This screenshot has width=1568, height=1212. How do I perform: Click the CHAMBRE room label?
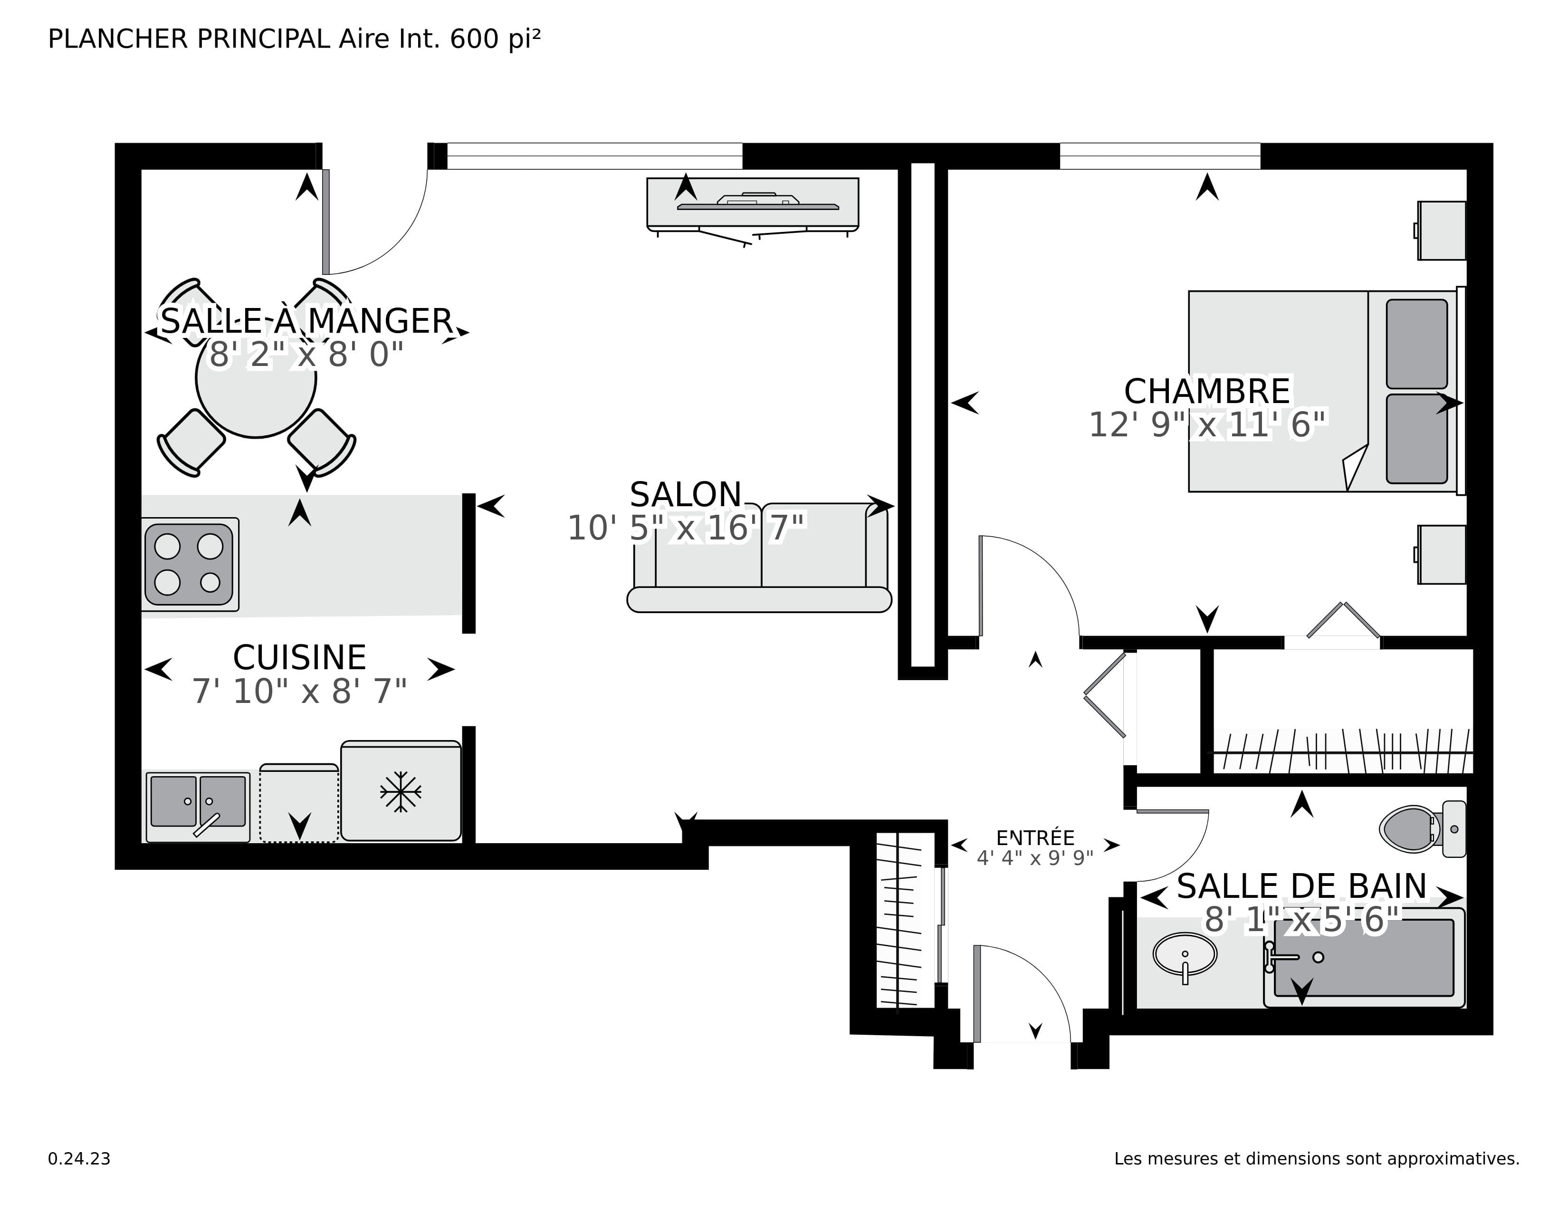point(1207,392)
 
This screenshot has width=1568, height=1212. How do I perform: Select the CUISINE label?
point(299,658)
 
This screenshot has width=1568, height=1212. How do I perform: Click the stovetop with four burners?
point(189,564)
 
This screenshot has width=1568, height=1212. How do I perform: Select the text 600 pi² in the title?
point(495,39)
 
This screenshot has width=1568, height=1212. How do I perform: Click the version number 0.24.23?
point(79,1159)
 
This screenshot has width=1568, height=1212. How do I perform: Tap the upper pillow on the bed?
point(1416,344)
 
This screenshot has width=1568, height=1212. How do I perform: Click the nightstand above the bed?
point(1442,231)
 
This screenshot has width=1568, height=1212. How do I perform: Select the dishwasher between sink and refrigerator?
point(299,803)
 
